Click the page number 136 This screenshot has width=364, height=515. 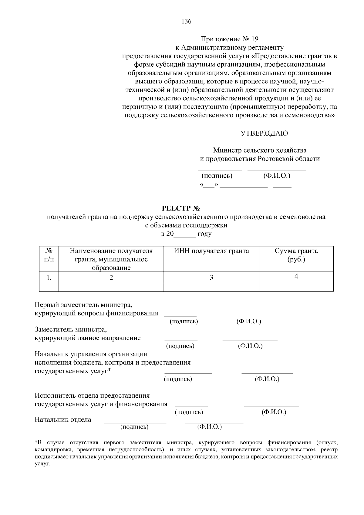click(186, 21)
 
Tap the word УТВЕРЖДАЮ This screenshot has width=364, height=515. click(264, 133)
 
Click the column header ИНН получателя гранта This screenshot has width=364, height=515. click(211, 251)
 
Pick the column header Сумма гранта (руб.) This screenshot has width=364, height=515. click(296, 255)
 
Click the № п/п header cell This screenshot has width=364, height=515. click(49, 255)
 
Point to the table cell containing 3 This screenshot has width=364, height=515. click(211, 277)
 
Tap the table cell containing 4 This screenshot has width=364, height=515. click(296, 276)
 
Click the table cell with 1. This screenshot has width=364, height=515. click(49, 277)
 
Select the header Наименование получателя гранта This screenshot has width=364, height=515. click(111, 255)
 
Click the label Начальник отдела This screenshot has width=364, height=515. click(63, 420)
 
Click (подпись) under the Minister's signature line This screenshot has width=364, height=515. click(217, 176)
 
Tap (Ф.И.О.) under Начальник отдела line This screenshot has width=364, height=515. click(209, 427)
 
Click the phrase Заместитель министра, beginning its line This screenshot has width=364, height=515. click(70, 329)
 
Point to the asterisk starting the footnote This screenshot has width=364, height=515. click(36, 442)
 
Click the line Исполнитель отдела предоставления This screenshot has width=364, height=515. click(92, 396)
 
